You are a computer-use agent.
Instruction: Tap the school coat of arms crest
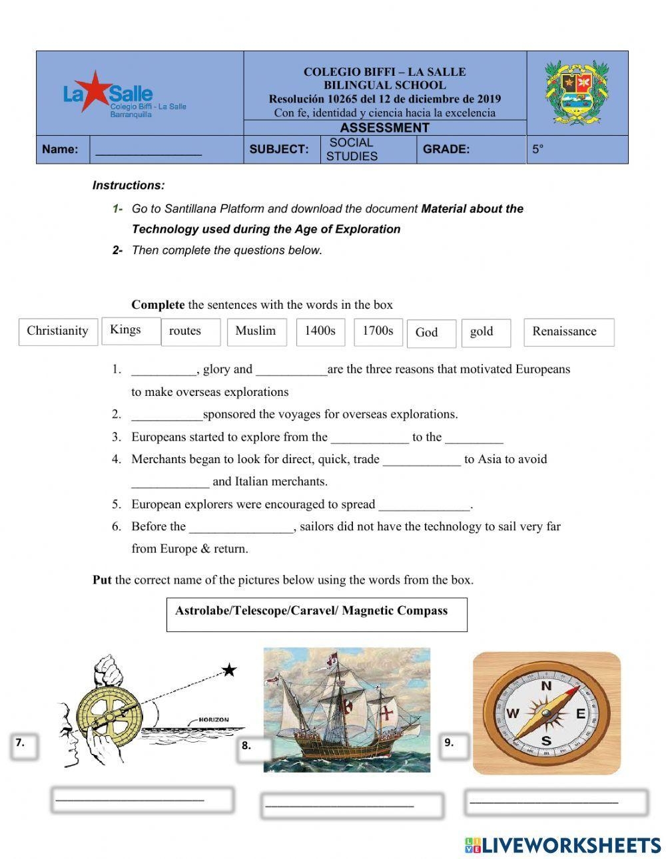pyautogui.click(x=577, y=92)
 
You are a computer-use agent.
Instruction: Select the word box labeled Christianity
pyautogui.click(x=57, y=331)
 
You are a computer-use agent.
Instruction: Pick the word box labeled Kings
pyautogui.click(x=131, y=330)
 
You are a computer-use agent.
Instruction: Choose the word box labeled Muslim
pyautogui.click(x=256, y=331)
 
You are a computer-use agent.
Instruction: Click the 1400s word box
pyautogui.click(x=320, y=331)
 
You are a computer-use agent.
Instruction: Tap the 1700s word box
pyautogui.click(x=378, y=331)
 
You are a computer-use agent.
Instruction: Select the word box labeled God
pyautogui.click(x=430, y=333)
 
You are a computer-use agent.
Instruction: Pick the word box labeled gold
pyautogui.click(x=485, y=332)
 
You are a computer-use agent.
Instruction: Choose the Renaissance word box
pyautogui.click(x=568, y=332)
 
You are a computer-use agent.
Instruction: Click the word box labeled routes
pyautogui.click(x=190, y=331)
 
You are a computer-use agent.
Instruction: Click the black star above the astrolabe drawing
pyautogui.click(x=229, y=670)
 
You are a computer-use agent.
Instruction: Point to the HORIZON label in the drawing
pyautogui.click(x=213, y=719)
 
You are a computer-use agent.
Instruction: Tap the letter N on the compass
pyautogui.click(x=546, y=686)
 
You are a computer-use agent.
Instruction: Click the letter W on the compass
pyautogui.click(x=512, y=714)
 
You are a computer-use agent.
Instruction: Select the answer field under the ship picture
pyautogui.click(x=352, y=805)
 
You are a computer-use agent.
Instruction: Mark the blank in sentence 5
pyautogui.click(x=424, y=505)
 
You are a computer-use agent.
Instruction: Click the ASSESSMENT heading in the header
pyautogui.click(x=384, y=128)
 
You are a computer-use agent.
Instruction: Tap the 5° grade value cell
pyautogui.click(x=577, y=150)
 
